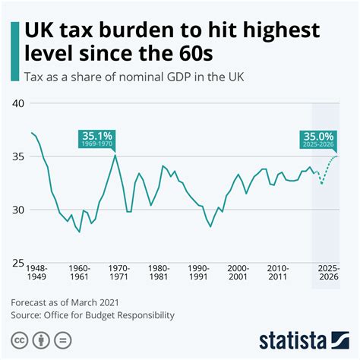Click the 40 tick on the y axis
(17, 103)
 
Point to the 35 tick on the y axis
(17, 156)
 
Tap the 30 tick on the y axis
(17, 210)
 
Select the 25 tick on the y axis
(17, 263)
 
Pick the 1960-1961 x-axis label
(80, 273)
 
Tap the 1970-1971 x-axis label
(119, 273)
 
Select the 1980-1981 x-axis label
(159, 273)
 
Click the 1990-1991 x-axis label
(198, 273)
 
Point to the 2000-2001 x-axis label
(238, 273)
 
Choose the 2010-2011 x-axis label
(277, 273)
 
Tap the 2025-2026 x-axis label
(330, 273)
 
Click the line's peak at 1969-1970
(115, 155)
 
